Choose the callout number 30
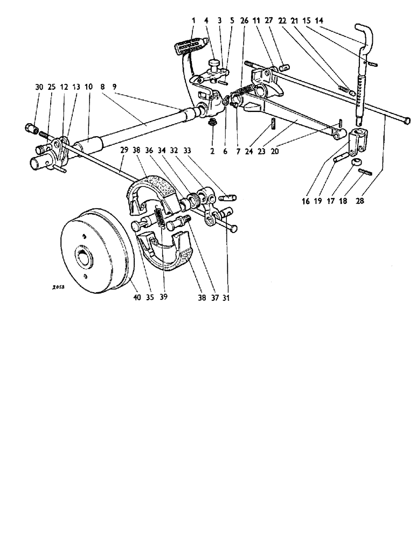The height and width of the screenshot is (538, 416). point(38,87)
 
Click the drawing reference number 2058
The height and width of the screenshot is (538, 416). point(55,288)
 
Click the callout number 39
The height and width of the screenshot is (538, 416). point(164,295)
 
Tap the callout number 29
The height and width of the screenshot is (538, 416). point(124,152)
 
